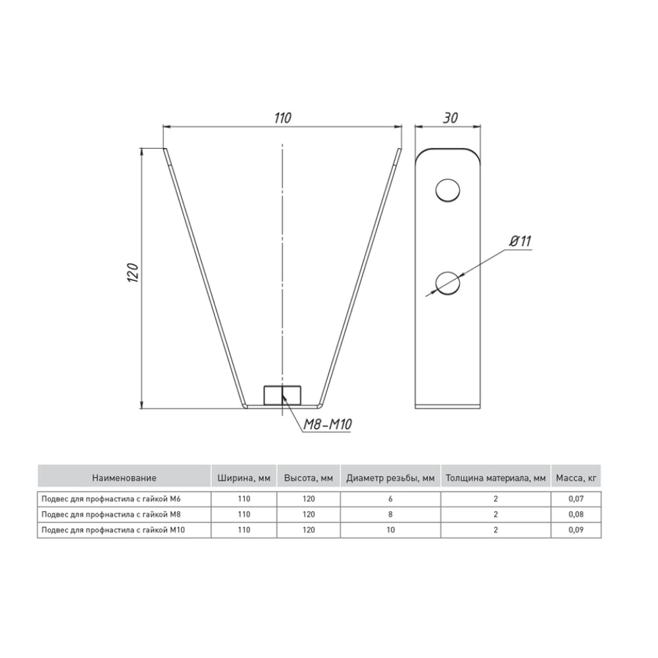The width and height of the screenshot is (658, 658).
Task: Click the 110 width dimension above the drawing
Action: point(282,118)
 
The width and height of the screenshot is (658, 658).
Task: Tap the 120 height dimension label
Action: point(133,273)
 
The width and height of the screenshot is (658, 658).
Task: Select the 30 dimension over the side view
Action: point(450,118)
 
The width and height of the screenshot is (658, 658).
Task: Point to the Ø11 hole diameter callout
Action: point(520,241)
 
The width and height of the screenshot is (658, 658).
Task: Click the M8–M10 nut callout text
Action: point(327,424)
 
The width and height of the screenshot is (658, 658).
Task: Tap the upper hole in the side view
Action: point(447,191)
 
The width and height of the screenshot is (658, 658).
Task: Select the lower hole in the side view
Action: point(447,282)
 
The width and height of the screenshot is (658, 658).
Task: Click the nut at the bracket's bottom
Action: point(282,395)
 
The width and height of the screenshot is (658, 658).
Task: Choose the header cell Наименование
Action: point(124,478)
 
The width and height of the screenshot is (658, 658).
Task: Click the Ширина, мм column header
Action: point(244,478)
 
